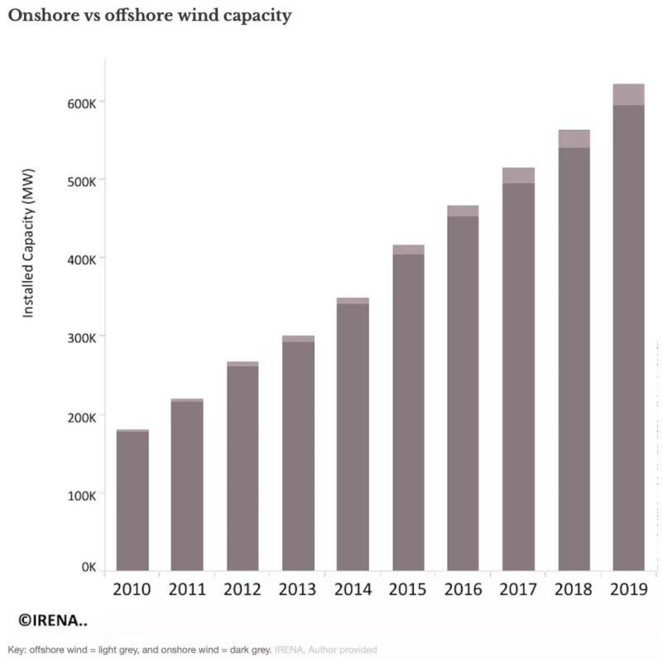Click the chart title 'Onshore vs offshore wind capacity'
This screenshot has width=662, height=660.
click(x=150, y=16)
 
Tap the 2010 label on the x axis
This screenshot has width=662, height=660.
click(x=132, y=590)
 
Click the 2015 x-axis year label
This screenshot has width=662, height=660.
click(x=408, y=590)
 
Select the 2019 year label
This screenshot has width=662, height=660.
click(x=628, y=590)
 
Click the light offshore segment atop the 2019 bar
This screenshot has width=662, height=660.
click(x=628, y=94)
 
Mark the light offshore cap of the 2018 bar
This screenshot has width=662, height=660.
click(x=573, y=138)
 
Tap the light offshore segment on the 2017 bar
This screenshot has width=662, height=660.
click(x=518, y=175)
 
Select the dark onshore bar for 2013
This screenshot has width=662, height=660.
click(x=298, y=455)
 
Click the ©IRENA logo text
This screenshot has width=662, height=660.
click(x=54, y=619)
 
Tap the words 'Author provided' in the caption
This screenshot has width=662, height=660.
click(x=343, y=650)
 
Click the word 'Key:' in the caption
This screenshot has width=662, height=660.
click(x=17, y=650)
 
